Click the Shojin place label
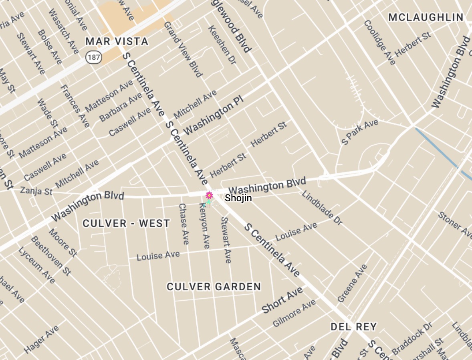coord(238,198)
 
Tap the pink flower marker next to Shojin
coord(209,195)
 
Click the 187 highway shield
coord(93,58)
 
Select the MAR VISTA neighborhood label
coord(117,42)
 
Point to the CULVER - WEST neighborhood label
coord(126,224)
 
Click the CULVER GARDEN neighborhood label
coord(214,287)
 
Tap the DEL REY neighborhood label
coord(353,327)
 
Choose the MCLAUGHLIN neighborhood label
coord(426,17)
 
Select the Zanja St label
coord(36,190)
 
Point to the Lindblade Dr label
coord(322,207)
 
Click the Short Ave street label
coord(282,301)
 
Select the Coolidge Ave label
coord(379,42)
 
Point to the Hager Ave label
coord(41,340)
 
